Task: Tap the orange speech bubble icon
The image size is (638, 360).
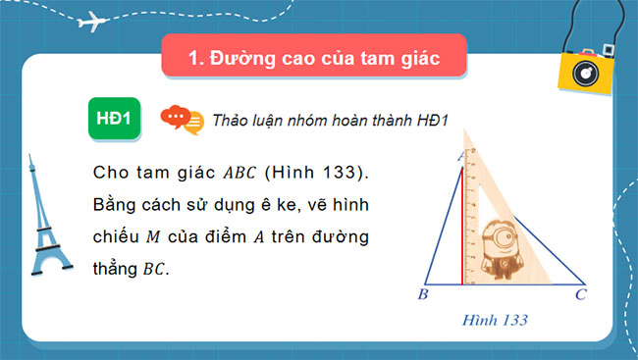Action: pyautogui.click(x=181, y=119)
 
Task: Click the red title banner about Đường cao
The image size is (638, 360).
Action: pyautogui.click(x=311, y=59)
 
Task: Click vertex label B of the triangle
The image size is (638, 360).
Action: pyautogui.click(x=422, y=293)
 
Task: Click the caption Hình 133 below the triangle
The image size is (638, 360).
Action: pyautogui.click(x=497, y=320)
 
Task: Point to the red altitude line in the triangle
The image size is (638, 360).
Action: pyautogui.click(x=461, y=227)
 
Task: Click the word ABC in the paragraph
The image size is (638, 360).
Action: pyautogui.click(x=239, y=173)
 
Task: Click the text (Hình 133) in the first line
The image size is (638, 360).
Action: pyautogui.click(x=318, y=173)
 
